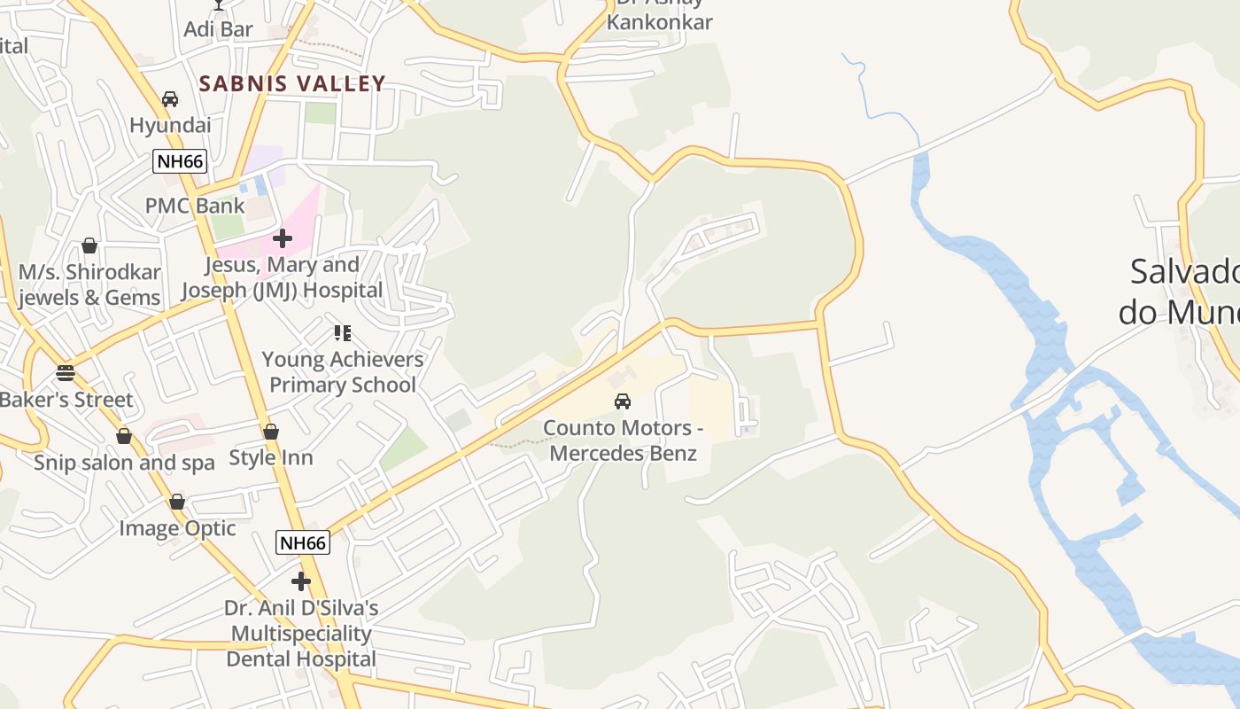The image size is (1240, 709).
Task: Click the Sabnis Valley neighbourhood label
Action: [x=292, y=84]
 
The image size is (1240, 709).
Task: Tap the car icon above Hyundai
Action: [x=170, y=99]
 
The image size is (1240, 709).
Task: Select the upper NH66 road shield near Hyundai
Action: [x=180, y=161]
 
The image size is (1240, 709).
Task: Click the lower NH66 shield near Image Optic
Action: [x=302, y=542]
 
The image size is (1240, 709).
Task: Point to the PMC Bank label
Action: [x=195, y=206]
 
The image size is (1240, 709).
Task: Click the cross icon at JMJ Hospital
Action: [x=283, y=238]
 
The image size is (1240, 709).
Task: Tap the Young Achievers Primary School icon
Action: [x=343, y=333]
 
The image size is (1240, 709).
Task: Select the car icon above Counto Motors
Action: [x=623, y=401]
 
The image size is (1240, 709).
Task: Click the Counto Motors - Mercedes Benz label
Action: [x=623, y=440]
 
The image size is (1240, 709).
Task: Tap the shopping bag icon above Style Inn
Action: [x=271, y=432]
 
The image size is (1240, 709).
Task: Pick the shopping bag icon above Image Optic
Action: [x=177, y=502]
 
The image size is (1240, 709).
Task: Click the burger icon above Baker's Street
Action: [x=65, y=372]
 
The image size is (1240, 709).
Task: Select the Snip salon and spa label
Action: [x=124, y=463]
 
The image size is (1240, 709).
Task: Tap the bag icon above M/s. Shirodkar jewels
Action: [x=89, y=245]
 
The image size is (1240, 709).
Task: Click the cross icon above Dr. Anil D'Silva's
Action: [x=301, y=581]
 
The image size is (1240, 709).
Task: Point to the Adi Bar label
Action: [x=218, y=29]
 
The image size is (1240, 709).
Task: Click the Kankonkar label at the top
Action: [x=659, y=21]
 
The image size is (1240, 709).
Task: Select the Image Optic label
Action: [x=177, y=528]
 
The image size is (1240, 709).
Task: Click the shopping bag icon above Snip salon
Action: [x=124, y=436]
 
